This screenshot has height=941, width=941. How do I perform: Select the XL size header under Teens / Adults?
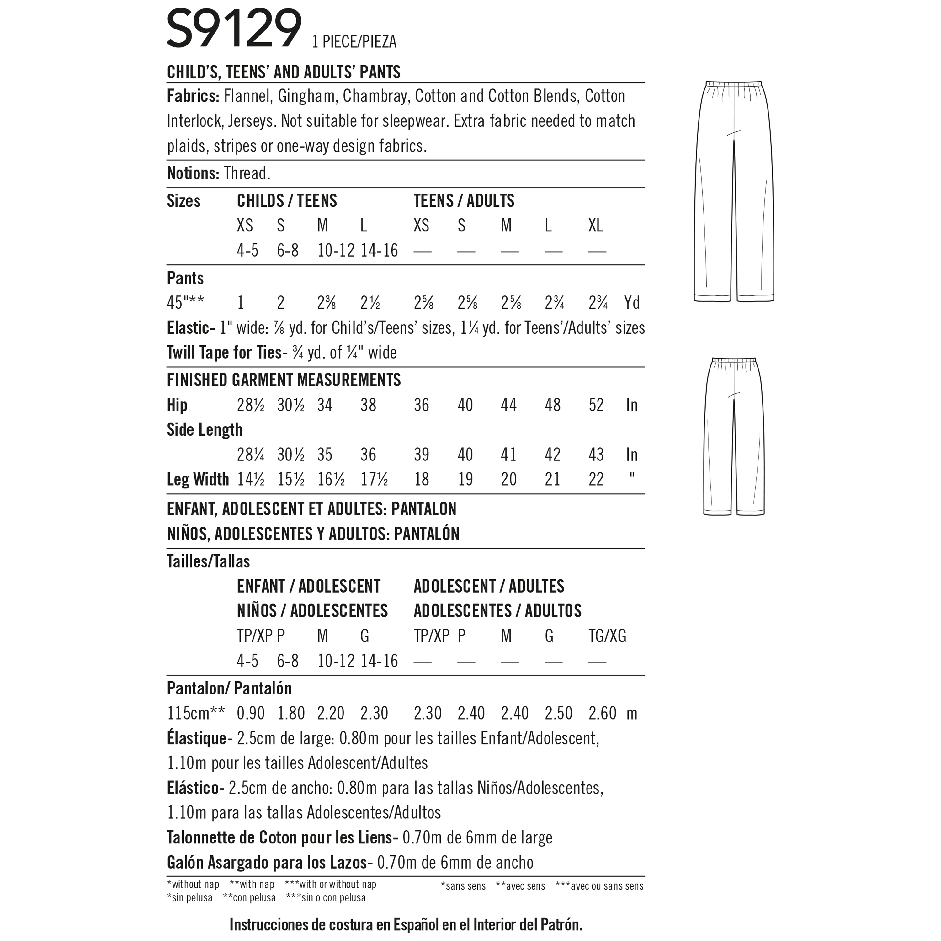[596, 226]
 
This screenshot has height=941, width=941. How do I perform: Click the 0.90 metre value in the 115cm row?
[250, 714]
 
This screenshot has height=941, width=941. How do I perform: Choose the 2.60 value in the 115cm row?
[603, 714]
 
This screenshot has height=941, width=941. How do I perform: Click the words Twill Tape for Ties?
[224, 353]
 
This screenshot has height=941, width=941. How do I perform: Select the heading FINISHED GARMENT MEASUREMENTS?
[284, 380]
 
